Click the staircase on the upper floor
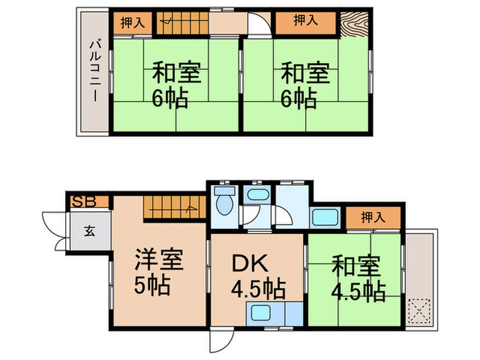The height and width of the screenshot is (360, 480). pyautogui.click(x=182, y=24)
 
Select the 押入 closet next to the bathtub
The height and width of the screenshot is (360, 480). pyautogui.click(x=372, y=218)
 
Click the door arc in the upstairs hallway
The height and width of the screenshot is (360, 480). pyautogui.click(x=258, y=25)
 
